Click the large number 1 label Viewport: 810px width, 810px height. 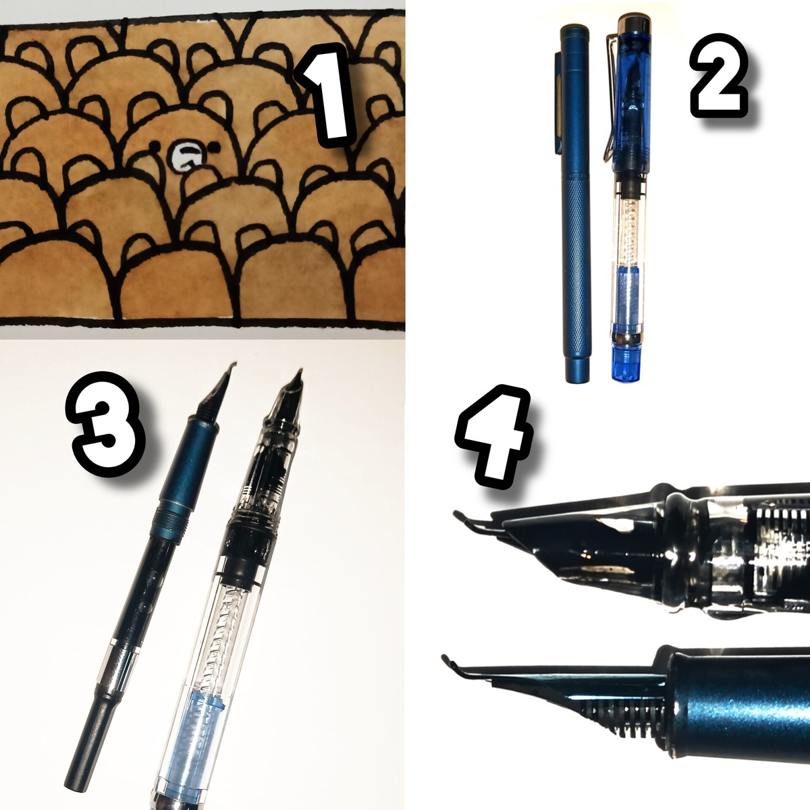(326, 95)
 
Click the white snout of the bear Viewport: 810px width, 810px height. (186, 156)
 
